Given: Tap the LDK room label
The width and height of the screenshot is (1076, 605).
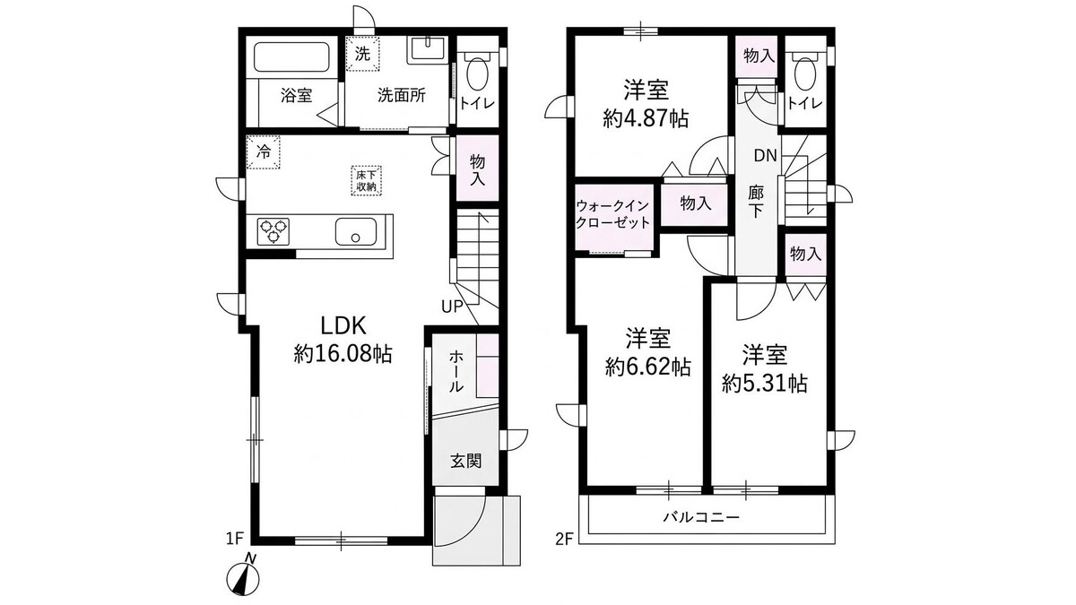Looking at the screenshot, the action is click(343, 326).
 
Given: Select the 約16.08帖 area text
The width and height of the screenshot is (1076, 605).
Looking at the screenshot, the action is click(343, 354).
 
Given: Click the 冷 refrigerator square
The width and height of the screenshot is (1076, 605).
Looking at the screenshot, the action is click(264, 152).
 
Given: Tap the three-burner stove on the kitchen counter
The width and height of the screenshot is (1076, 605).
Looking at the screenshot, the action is click(273, 231).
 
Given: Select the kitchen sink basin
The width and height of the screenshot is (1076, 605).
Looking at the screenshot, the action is click(355, 232).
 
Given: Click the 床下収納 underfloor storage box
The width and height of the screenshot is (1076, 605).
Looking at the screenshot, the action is click(366, 180).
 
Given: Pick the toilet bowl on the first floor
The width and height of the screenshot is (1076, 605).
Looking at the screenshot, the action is click(477, 73).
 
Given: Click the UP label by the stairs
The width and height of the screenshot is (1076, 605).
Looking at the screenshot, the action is click(453, 307).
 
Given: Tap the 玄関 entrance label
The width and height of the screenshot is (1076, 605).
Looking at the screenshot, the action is click(466, 461).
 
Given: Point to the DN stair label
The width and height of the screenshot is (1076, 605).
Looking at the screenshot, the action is click(765, 155).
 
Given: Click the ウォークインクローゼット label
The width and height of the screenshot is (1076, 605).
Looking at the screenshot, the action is click(612, 214).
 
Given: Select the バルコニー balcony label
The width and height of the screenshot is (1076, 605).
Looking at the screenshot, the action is click(701, 517).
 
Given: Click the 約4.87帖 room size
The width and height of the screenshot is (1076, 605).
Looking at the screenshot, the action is click(646, 118).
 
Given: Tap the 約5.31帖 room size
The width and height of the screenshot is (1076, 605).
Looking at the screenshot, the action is click(765, 384).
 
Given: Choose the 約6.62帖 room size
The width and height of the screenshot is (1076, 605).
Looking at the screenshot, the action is click(648, 367).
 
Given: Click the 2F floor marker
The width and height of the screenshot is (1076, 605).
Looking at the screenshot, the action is click(564, 540).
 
